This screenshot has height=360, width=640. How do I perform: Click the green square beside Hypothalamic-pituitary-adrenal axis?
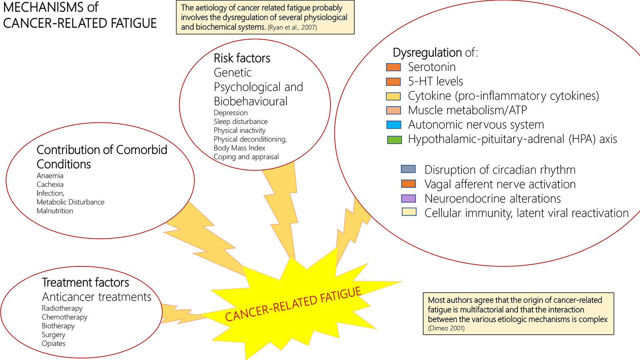click(x=394, y=140)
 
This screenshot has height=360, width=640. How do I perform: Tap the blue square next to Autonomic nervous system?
click(x=394, y=125)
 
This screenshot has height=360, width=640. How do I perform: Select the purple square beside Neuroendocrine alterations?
click(x=409, y=198)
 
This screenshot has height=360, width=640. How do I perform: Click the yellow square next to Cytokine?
click(x=393, y=96)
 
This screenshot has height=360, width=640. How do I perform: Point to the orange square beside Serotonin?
click(x=393, y=67)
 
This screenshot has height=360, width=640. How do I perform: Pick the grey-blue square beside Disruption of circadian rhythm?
click(x=408, y=169)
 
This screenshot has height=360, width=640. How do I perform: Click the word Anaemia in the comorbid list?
click(x=50, y=176)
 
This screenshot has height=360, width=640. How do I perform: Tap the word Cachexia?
click(x=50, y=184)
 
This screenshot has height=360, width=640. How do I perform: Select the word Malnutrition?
click(x=55, y=211)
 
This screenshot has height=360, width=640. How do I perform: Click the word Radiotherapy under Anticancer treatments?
click(x=62, y=308)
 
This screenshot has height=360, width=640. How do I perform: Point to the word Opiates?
click(x=54, y=344)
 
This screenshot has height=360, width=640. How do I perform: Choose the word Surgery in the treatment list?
click(x=53, y=335)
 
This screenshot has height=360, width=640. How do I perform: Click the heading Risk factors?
click(x=242, y=58)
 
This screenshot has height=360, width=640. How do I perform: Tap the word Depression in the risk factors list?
click(x=230, y=113)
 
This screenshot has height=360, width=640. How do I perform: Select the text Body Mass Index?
click(x=239, y=148)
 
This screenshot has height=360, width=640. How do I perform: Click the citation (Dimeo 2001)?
click(x=446, y=328)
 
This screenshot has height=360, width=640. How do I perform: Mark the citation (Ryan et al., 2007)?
click(x=292, y=28)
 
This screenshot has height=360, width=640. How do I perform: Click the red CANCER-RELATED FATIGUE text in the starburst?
click(x=293, y=304)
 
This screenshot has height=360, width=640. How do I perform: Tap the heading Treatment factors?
click(x=85, y=282)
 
